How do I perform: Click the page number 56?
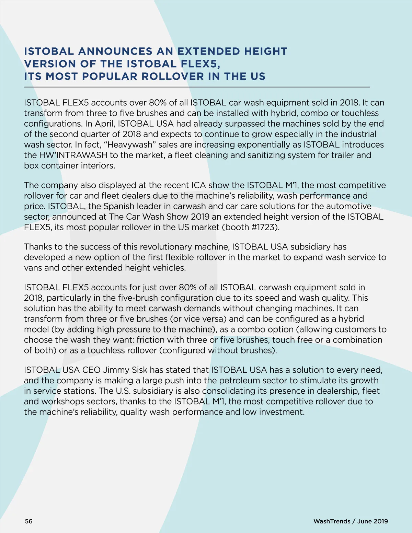click(29, 521)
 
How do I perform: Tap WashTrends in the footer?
click(332, 521)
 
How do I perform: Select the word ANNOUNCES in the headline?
click(115, 51)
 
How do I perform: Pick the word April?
click(105, 124)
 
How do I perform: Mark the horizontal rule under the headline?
click(197, 88)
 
